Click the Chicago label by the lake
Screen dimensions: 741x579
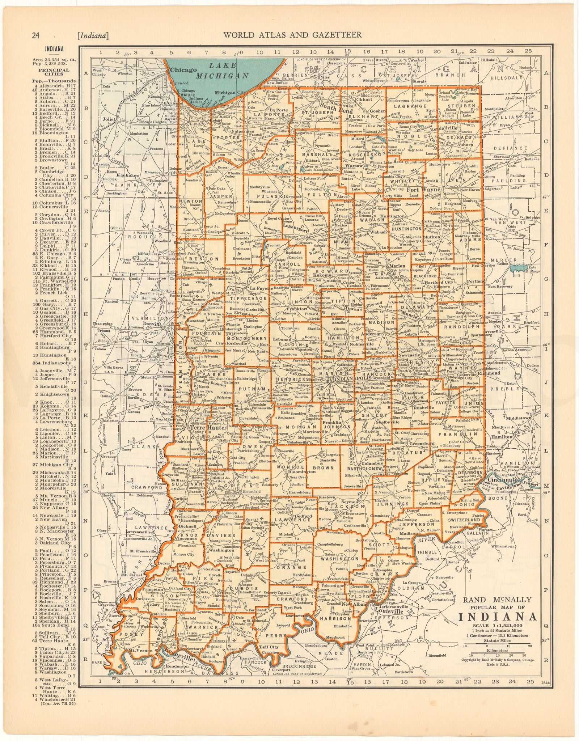[184, 70]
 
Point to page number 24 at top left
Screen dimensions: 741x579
[35, 35]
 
